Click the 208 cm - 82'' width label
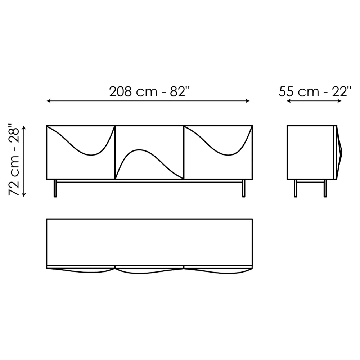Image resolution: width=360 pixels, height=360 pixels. click(x=149, y=92)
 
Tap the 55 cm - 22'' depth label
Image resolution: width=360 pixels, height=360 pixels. click(x=315, y=92)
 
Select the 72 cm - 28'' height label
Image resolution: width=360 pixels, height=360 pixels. click(x=15, y=161)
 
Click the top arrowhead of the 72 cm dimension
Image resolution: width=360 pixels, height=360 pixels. click(x=24, y=127)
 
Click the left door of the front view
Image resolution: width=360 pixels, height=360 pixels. click(x=81, y=152)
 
